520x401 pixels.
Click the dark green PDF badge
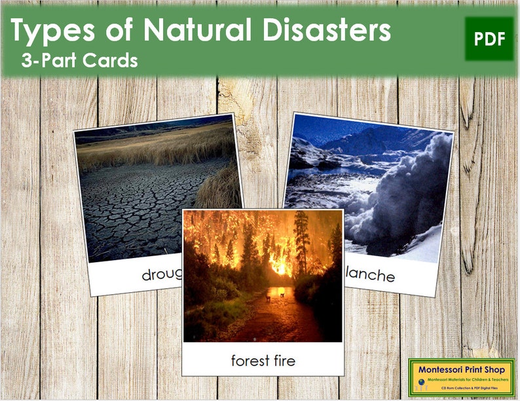point(490,39)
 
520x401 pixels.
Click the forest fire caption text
point(263,360)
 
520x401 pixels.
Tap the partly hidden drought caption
point(161,275)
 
